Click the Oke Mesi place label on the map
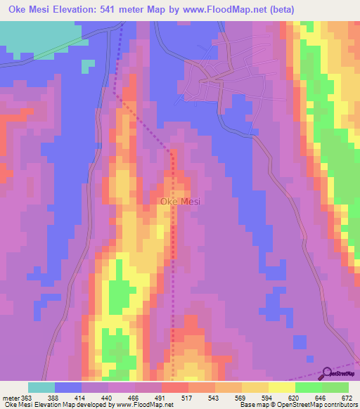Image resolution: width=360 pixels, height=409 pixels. pyautogui.click(x=181, y=202)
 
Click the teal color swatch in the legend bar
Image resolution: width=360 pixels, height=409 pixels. pyautogui.click(x=41, y=387)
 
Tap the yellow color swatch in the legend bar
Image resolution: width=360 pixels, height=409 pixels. pyautogui.click(x=282, y=387)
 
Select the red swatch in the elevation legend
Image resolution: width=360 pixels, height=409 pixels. pyautogui.click(x=175, y=387)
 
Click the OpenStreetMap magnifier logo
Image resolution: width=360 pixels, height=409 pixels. pyautogui.click(x=328, y=373)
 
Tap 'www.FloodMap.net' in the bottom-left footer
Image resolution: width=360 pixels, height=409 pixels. pyautogui.click(x=145, y=404)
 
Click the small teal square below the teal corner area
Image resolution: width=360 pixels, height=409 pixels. pyautogui.click(x=87, y=65)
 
